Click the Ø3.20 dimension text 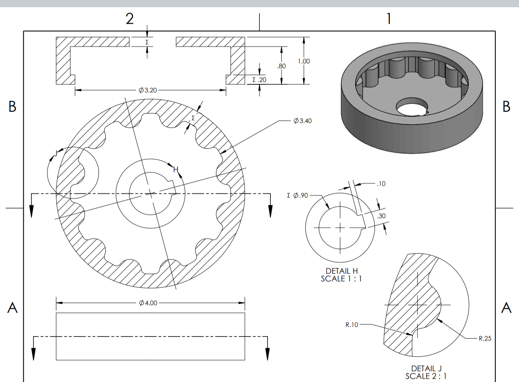coord(148,90)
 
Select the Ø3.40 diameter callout coord(303,121)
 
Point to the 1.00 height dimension coord(304,61)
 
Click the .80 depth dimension coord(282,66)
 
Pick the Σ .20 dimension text coord(259,80)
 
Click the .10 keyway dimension coord(381,184)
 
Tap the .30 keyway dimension coord(381,216)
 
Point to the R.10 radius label coord(352,324)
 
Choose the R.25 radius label coord(485,338)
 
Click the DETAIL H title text coord(342,271)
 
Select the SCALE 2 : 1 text coord(426,376)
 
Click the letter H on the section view coord(175,170)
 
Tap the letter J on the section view coord(56,153)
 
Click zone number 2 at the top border coord(130,18)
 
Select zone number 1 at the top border coord(389,18)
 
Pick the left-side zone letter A coord(12,308)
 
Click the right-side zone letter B coord(506,107)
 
